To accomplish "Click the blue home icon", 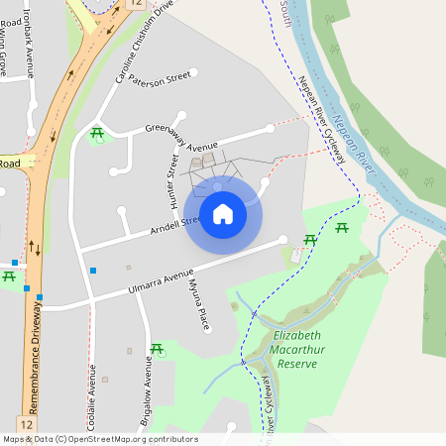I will coord(223,213).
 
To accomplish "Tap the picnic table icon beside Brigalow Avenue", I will coord(157,349).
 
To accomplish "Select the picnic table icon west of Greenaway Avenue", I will coord(97,133).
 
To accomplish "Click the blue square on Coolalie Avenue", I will coord(93,270).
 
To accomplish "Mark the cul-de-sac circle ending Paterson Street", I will coord(194,72).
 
